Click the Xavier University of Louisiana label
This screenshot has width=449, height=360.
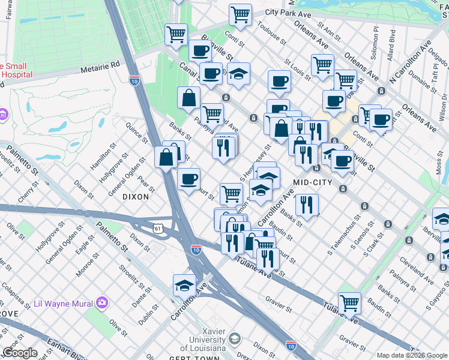click(203, 342)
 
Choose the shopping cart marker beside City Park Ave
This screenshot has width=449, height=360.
click(240, 14)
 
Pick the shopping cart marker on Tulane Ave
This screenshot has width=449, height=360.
click(349, 303)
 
